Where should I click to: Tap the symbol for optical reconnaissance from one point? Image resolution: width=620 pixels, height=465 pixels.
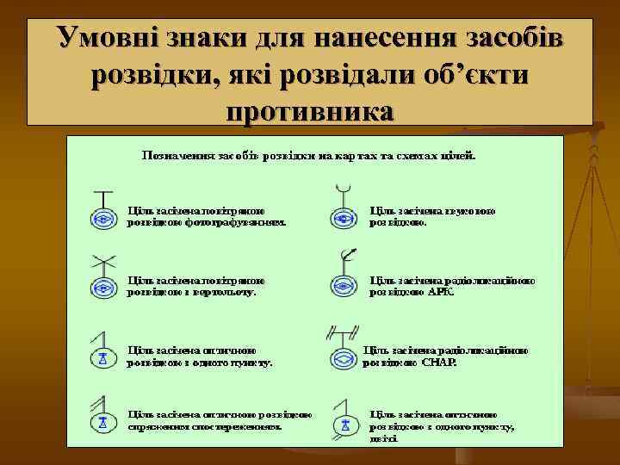tap(102, 356)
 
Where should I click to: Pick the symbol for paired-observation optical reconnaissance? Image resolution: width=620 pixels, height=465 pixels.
tap(102, 422)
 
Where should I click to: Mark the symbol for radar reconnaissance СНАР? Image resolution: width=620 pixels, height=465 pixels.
tap(344, 356)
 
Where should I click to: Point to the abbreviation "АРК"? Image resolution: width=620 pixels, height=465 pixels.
tap(441, 292)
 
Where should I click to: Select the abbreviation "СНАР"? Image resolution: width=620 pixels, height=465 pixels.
tap(439, 362)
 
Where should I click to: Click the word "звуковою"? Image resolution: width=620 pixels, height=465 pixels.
tap(473, 209)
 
